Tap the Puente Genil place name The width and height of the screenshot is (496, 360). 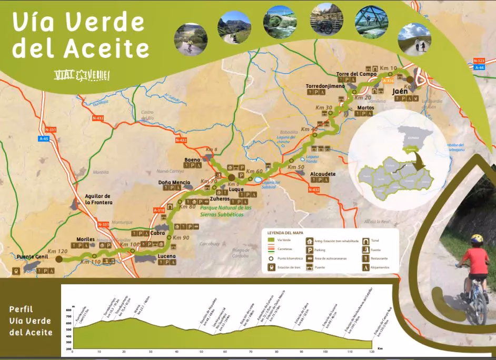[x=34, y=257]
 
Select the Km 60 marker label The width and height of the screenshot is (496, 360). [x=254, y=172]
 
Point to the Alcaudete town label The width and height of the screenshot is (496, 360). [x=323, y=173]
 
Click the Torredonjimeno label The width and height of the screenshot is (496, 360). [x=325, y=85]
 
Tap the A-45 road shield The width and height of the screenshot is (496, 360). [x=43, y=139]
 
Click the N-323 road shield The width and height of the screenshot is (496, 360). [x=479, y=61]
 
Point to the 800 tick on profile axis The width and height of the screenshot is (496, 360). [x=68, y=310]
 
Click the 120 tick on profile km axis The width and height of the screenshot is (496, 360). [x=372, y=352]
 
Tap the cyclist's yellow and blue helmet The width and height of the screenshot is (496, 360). [x=477, y=239]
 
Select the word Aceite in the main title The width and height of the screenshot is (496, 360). [x=106, y=48]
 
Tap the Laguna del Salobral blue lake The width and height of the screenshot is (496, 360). [x=257, y=179]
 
